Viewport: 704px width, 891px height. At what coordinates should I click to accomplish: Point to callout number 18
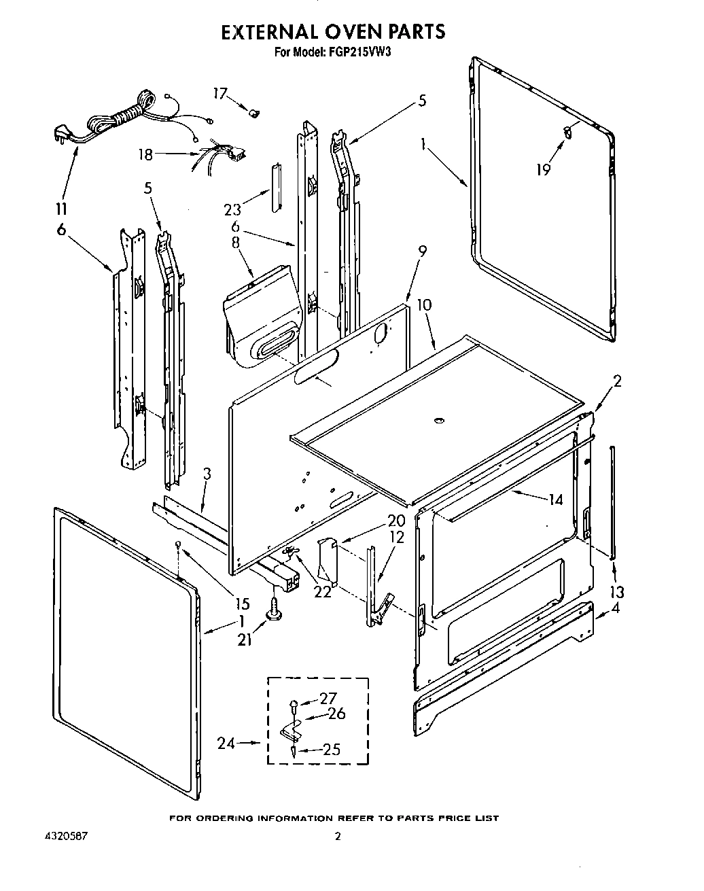click(x=145, y=155)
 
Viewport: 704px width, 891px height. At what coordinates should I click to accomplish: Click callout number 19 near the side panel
click(x=543, y=169)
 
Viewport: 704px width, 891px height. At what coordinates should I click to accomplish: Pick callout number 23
click(x=233, y=210)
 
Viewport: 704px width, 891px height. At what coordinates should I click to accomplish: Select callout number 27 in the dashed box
click(x=328, y=699)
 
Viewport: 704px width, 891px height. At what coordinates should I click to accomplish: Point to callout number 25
click(x=331, y=750)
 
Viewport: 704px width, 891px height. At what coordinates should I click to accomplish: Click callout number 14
click(x=555, y=500)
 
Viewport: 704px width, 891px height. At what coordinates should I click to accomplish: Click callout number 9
click(x=422, y=251)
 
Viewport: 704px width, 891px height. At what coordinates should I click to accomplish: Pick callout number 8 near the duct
click(x=235, y=243)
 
